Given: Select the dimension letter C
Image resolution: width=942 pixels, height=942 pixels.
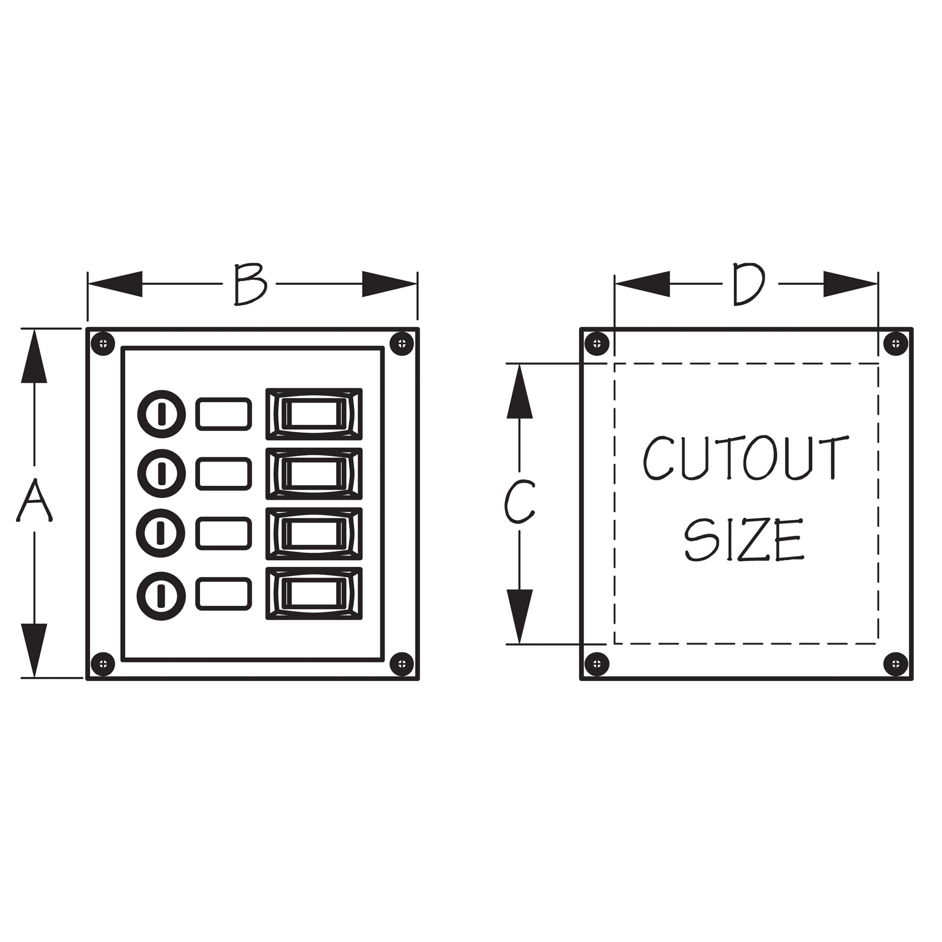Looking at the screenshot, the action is tap(520, 502).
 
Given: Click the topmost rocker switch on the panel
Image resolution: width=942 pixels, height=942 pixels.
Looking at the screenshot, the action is tap(314, 414).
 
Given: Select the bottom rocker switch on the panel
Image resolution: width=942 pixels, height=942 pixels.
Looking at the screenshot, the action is tap(314, 593).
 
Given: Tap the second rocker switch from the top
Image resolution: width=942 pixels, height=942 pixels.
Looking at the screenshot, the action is tap(314, 474).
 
